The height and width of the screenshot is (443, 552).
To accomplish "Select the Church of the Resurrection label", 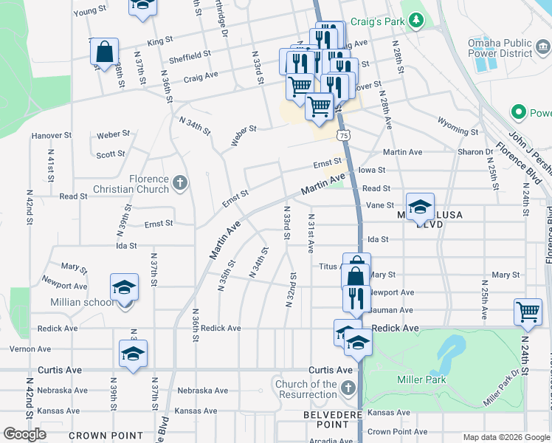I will (x=306, y=389).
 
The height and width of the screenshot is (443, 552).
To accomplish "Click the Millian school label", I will (x=82, y=302).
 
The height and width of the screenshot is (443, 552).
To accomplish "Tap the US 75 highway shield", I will (x=343, y=135).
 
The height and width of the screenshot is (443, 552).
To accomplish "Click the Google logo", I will (x=24, y=434).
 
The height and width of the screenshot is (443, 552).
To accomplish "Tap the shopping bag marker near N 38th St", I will (x=105, y=51).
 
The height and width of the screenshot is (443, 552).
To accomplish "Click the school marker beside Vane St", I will (x=420, y=206).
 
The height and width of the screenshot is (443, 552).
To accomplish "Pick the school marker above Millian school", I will (x=124, y=286).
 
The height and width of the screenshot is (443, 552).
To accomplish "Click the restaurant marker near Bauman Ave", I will (x=356, y=298).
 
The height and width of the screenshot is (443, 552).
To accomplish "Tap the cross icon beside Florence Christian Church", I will (x=180, y=182).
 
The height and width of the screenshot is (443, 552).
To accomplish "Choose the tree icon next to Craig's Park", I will (x=417, y=21).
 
